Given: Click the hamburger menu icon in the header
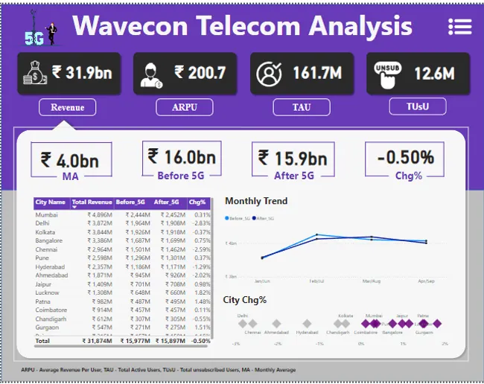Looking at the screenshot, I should [460, 27].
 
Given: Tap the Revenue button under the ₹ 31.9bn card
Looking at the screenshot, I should [67, 108].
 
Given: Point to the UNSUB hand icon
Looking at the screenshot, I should [386, 74].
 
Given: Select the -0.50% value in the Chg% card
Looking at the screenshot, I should [404, 157].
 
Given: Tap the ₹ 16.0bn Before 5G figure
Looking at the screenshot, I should [181, 156].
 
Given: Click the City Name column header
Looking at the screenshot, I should [51, 202].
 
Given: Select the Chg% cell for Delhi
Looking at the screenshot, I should [200, 223].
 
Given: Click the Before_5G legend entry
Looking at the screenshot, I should [237, 218].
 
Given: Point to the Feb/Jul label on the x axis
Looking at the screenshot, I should [316, 281].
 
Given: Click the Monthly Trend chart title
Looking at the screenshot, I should [256, 201].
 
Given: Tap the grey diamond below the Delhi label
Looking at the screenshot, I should [243, 323].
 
